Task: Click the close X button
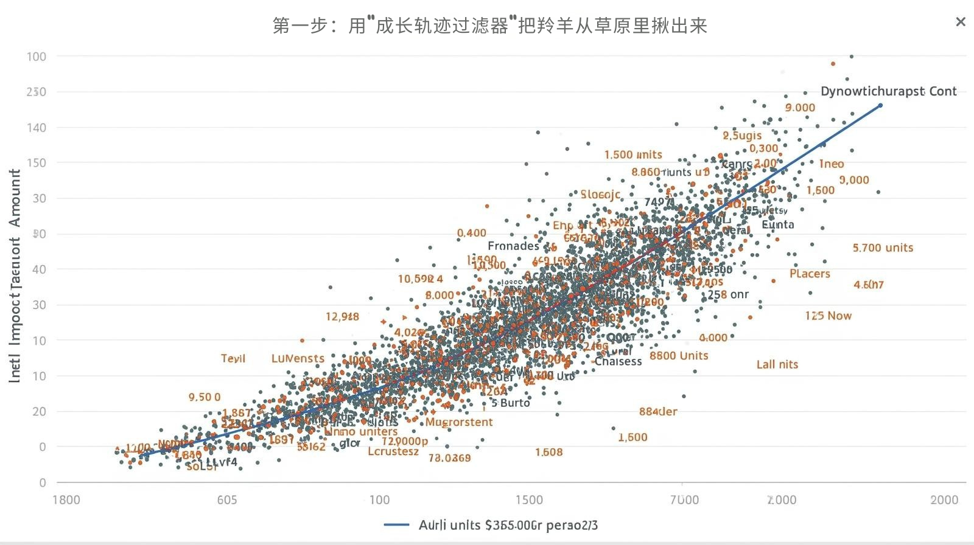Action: click(x=961, y=23)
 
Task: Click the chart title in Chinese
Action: click(x=489, y=26)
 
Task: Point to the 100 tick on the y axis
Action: click(x=37, y=57)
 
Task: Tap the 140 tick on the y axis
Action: click(x=37, y=128)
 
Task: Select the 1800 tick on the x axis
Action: click(x=66, y=500)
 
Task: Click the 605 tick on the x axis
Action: click(x=227, y=500)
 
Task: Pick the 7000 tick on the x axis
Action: click(x=684, y=500)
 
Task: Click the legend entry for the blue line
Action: click(x=492, y=525)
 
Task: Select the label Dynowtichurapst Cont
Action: click(x=888, y=91)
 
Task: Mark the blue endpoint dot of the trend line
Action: click(x=880, y=106)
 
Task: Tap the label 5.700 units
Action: click(x=883, y=248)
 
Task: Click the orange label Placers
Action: click(x=810, y=274)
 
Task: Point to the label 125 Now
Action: click(x=828, y=316)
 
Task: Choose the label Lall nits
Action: click(x=777, y=364)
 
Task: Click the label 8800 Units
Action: click(x=679, y=356)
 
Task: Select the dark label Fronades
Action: click(x=513, y=246)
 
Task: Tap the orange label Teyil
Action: click(x=233, y=358)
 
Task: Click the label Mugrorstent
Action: click(x=459, y=422)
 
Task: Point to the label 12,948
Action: click(x=342, y=316)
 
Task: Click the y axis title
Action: click(x=15, y=276)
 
